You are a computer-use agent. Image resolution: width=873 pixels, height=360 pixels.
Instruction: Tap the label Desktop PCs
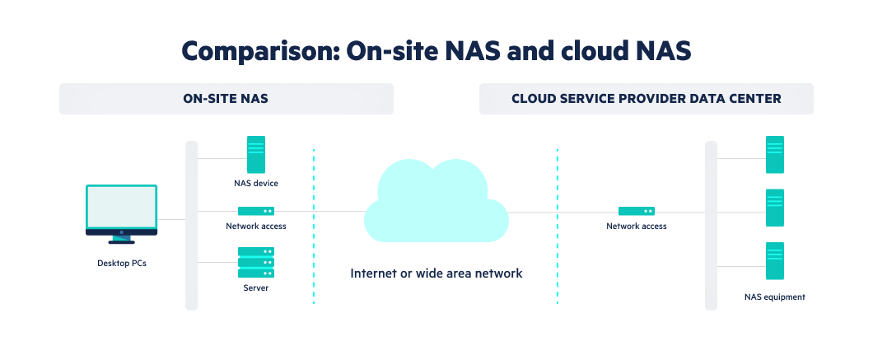121,264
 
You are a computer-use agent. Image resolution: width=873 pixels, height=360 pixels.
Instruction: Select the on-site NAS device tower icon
256,154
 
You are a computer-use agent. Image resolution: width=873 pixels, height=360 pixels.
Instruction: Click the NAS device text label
256,184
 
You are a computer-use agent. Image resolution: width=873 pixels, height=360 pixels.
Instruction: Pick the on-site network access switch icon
256,212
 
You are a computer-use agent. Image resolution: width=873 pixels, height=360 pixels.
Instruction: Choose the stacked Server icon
256,262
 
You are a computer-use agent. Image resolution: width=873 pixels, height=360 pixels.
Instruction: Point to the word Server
256,288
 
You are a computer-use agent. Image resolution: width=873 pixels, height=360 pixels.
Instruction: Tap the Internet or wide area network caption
436,274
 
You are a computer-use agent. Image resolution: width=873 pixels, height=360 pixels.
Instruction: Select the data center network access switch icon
637,212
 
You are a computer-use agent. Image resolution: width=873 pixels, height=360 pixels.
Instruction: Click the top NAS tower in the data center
774,155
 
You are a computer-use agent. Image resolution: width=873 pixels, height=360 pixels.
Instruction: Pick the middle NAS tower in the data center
774,208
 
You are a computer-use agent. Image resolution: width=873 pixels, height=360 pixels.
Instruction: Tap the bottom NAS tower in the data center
774,261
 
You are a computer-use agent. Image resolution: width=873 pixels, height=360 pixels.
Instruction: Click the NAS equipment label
774,297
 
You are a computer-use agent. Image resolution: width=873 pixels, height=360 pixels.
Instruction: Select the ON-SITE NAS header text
226,99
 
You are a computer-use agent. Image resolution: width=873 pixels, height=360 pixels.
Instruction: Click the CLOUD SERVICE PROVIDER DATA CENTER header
646,99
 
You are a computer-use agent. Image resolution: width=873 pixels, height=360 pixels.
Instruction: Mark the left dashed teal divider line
314,227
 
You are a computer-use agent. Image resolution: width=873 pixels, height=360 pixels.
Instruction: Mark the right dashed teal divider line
558,227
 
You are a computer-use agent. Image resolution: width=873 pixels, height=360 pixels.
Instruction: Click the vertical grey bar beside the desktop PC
191,226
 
